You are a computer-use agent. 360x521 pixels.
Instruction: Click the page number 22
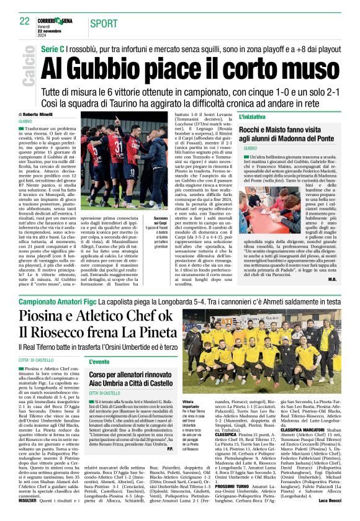coord(25,20)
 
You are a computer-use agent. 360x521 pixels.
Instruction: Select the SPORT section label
coord(104,24)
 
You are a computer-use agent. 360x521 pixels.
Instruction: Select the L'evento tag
coord(99,362)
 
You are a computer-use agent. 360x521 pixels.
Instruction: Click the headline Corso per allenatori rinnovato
coord(134,375)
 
